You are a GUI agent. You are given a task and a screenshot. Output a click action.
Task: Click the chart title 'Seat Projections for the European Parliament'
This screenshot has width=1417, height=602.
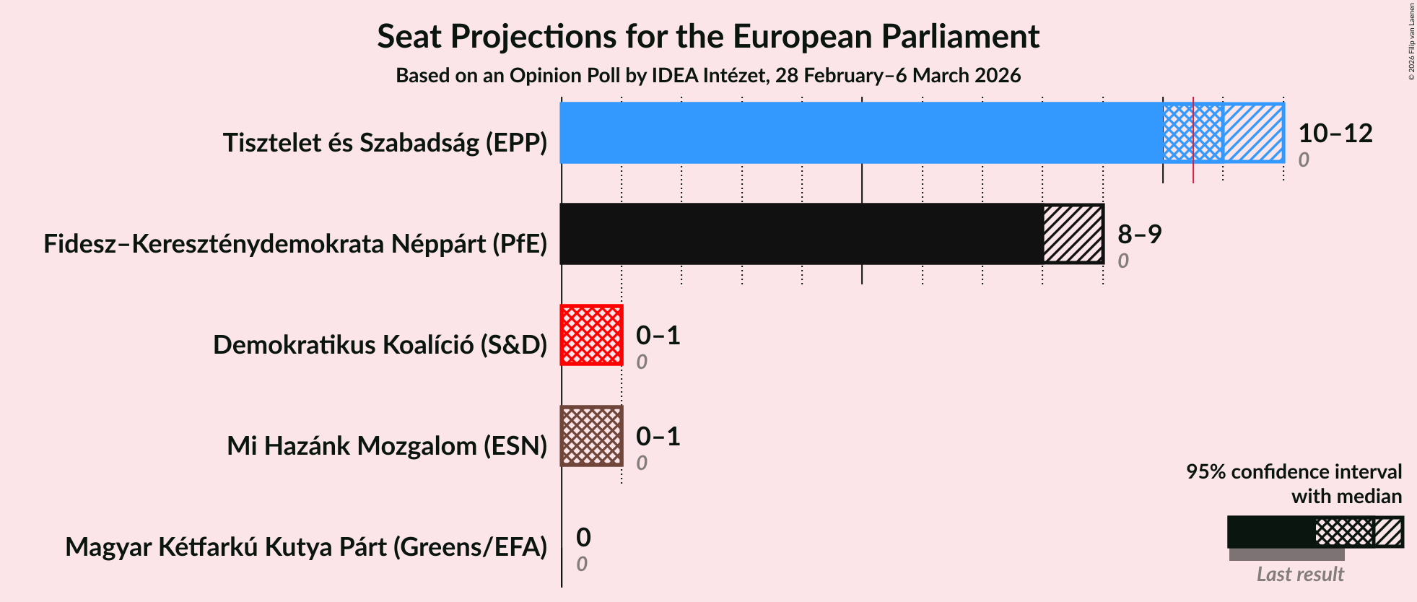coord(707,36)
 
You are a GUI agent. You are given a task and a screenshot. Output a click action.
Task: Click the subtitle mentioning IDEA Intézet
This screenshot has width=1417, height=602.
coord(707,76)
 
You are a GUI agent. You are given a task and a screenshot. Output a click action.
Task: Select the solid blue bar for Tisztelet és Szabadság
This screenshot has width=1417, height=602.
coord(859,133)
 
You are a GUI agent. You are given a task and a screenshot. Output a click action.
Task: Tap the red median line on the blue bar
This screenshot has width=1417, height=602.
coord(1193,133)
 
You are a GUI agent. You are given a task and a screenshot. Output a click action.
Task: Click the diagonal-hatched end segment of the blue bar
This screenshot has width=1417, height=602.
coord(1253,133)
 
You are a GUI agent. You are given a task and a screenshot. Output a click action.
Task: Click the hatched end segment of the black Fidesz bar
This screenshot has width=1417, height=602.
coord(1073,234)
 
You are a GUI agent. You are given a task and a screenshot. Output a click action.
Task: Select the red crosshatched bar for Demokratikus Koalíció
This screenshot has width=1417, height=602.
coord(591,335)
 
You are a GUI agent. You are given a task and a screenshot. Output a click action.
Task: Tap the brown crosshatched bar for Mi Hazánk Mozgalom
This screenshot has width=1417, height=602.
coord(591,436)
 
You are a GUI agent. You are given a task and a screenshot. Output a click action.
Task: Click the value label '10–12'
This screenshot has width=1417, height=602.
coord(1335,134)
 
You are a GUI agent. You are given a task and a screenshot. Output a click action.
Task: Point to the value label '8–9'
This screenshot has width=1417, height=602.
coord(1139,235)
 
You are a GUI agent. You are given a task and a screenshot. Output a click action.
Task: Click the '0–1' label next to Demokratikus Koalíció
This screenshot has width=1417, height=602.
coord(658,336)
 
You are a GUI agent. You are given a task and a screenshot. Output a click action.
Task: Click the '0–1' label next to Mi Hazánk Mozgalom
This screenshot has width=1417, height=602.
coord(658,437)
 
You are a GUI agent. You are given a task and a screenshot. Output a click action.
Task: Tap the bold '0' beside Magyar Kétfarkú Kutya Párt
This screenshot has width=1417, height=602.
coord(583,538)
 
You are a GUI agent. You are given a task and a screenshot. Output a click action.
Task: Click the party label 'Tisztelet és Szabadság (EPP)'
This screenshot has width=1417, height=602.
coord(385,143)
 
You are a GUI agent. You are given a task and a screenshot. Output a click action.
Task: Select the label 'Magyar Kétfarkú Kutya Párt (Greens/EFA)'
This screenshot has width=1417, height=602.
coord(306,547)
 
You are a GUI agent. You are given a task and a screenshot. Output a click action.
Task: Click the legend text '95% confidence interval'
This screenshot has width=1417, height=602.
coord(1294,472)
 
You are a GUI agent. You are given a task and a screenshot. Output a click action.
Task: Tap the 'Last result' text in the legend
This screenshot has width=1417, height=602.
coord(1299,575)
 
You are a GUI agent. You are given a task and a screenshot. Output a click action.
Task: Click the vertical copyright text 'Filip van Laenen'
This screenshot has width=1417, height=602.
coord(1411,40)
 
